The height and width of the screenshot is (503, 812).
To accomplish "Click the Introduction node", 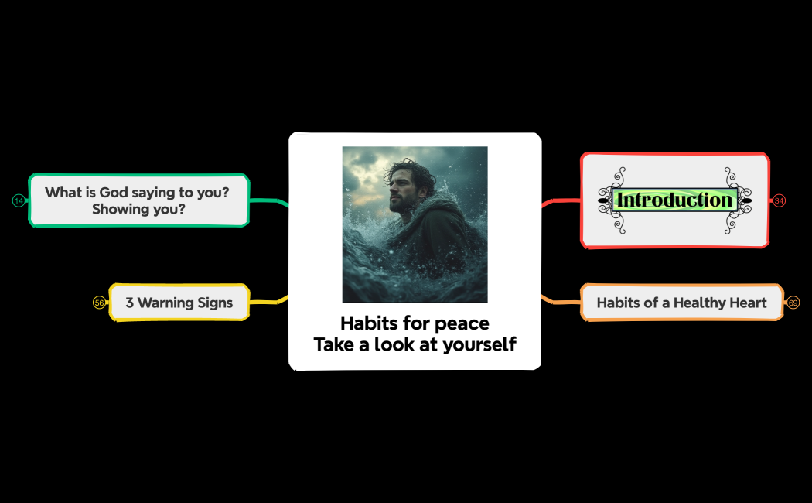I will tap(674, 200).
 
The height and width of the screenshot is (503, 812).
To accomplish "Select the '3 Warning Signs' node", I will tap(179, 303).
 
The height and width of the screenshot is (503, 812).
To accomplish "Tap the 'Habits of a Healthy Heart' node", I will tap(681, 303).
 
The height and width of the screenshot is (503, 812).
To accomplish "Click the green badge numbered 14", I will tap(19, 201).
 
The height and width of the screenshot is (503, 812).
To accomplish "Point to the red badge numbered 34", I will tap(779, 201).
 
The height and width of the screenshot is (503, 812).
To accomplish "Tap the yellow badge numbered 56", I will tap(99, 303).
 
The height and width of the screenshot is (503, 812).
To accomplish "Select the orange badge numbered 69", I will tap(793, 303).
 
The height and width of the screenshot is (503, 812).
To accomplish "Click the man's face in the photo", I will tap(401, 188).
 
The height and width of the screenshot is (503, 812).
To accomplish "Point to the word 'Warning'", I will tap(165, 303).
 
